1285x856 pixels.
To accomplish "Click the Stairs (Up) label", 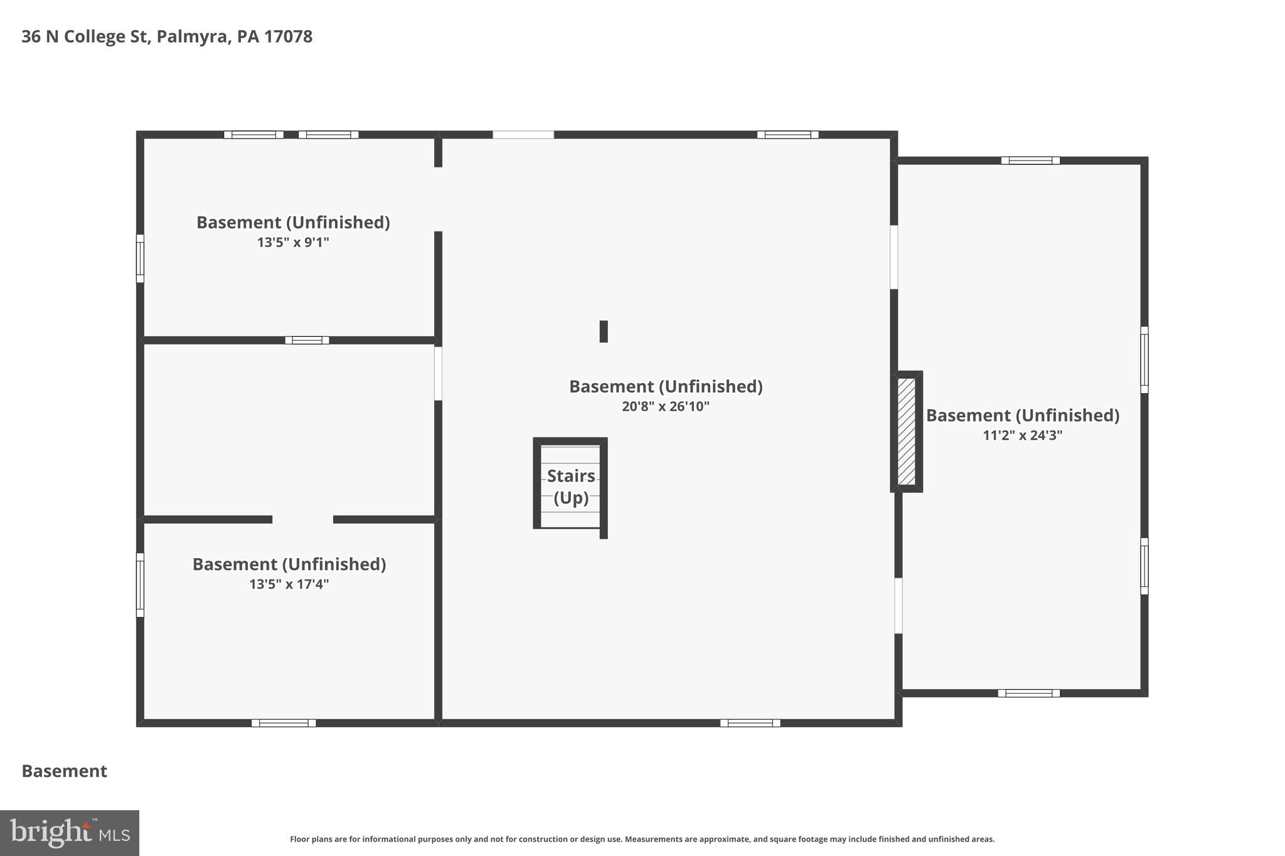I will [571, 486].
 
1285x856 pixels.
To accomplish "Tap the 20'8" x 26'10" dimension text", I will [665, 406].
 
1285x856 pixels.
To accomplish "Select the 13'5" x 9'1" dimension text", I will [293, 242].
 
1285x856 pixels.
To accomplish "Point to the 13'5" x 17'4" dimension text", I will [289, 584].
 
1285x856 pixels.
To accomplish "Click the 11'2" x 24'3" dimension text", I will [1022, 435].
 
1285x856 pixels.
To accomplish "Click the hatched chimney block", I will [907, 431].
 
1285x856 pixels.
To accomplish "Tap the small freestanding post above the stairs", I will [604, 331].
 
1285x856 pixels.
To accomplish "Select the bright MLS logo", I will [70, 833].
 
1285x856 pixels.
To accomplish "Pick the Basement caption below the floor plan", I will [65, 771].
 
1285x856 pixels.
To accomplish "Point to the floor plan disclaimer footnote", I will [642, 839].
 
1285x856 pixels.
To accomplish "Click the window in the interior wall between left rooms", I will [307, 340].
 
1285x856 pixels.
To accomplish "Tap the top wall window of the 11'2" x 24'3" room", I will [1030, 161].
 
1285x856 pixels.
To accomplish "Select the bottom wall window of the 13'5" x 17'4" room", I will [284, 723].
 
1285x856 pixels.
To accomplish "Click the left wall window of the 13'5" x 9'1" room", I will [141, 258].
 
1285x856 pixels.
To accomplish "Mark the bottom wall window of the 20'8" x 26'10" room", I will [750, 723].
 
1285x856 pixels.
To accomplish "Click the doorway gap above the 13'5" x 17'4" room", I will [302, 519].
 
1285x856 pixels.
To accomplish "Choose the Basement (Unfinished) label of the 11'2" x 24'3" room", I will [1022, 415].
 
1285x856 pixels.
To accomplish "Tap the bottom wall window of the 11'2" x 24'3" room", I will [1028, 693].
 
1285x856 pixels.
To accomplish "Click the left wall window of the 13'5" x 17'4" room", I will [141, 584].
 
